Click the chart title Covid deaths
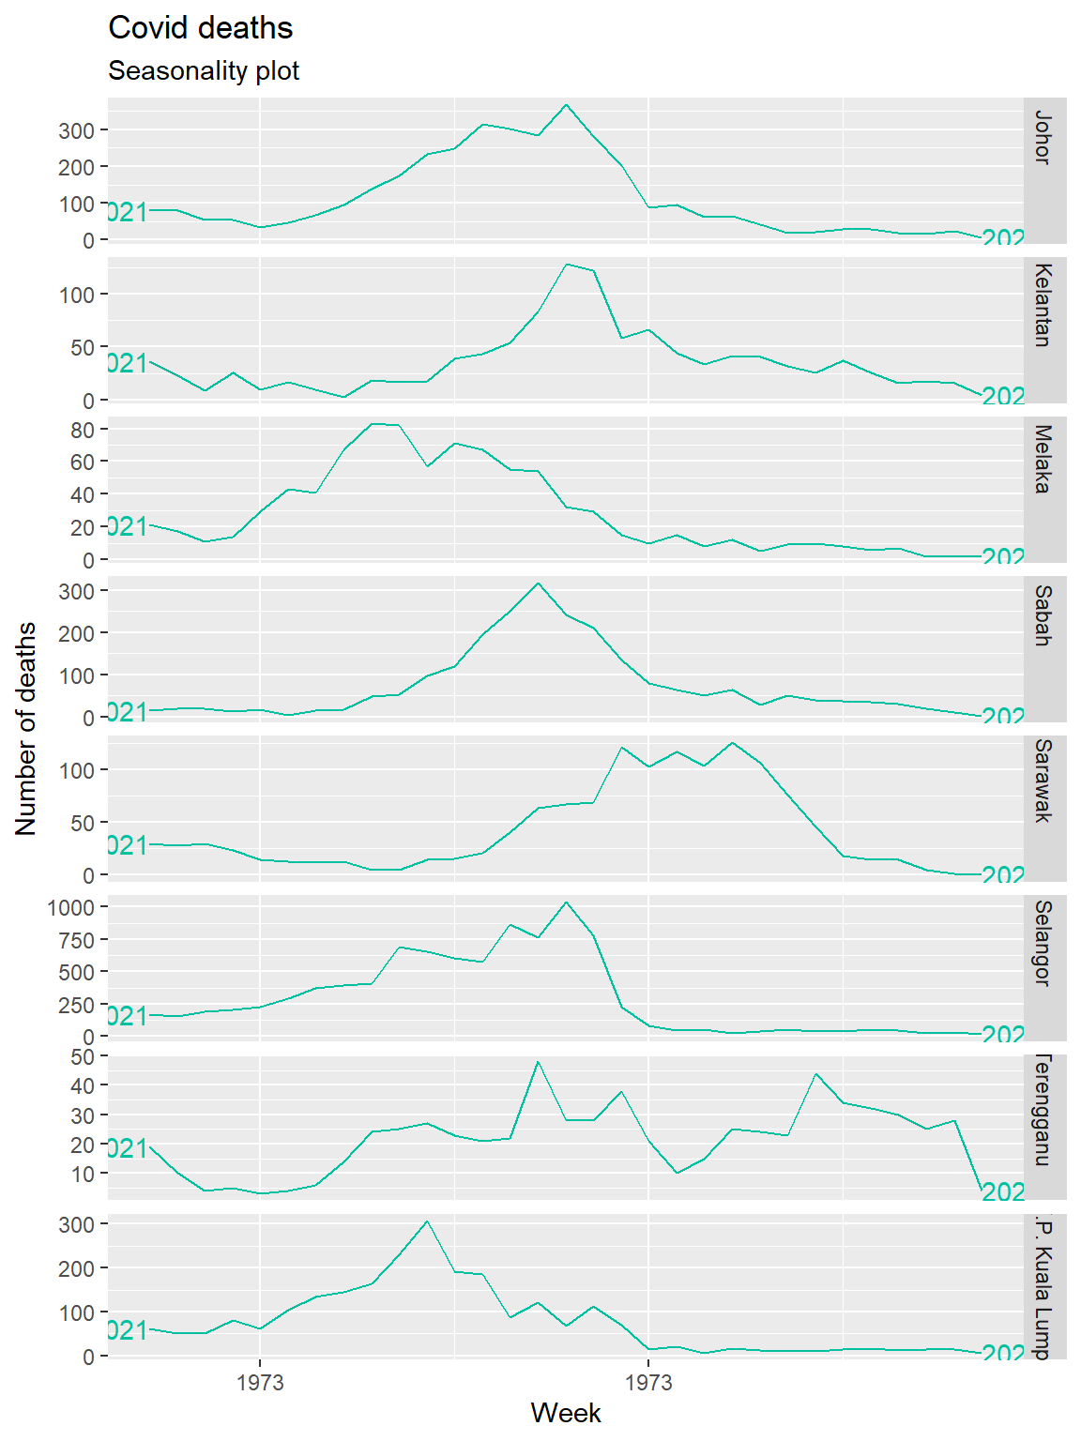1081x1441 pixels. pyautogui.click(x=200, y=28)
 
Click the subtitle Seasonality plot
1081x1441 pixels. pyautogui.click(x=204, y=71)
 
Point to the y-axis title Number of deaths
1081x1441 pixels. pyautogui.click(x=26, y=728)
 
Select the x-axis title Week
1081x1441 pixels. pyautogui.click(x=565, y=1413)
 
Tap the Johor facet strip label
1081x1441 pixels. pyautogui.click(x=1043, y=138)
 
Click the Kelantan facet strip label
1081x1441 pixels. pyautogui.click(x=1043, y=305)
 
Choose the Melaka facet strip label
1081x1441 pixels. pyautogui.click(x=1043, y=459)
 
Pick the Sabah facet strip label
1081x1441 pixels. pyautogui.click(x=1043, y=615)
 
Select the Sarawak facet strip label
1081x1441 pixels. pyautogui.click(x=1043, y=781)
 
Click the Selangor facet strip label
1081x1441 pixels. pyautogui.click(x=1043, y=943)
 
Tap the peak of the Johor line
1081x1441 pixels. pyautogui.click(x=565, y=105)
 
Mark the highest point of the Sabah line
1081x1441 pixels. pyautogui.click(x=538, y=584)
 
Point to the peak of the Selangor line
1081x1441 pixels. pyautogui.click(x=565, y=903)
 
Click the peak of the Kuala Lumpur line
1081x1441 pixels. pyautogui.click(x=427, y=1221)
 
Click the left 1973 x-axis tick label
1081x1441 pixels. pyautogui.click(x=260, y=1383)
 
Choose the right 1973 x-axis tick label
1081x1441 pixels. pyautogui.click(x=648, y=1383)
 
